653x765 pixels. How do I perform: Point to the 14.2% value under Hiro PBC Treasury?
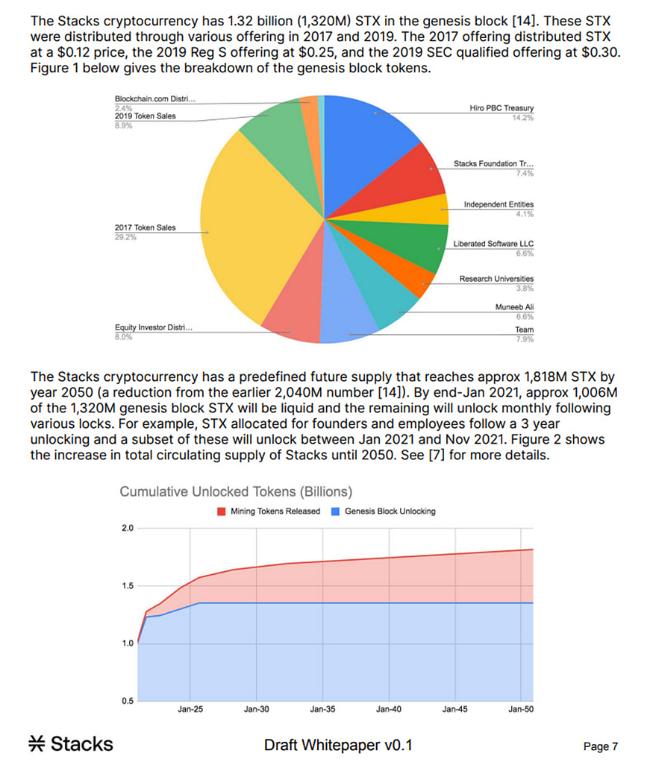(523, 118)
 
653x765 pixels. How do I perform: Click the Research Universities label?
(496, 279)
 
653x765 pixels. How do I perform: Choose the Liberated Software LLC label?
(493, 244)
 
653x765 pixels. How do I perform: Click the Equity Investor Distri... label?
(152, 327)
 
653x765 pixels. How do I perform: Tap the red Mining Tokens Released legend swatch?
(221, 511)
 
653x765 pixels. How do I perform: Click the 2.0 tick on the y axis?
(127, 529)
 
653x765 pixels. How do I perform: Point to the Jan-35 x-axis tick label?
(322, 709)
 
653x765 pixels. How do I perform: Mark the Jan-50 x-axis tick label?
(520, 709)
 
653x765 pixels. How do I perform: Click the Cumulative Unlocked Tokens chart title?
(236, 492)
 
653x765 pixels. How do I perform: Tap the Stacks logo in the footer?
(71, 743)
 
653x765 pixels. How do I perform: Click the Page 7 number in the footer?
(601, 746)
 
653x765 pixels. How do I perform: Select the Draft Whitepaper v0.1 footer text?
(338, 745)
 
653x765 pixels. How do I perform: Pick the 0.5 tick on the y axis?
(127, 699)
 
